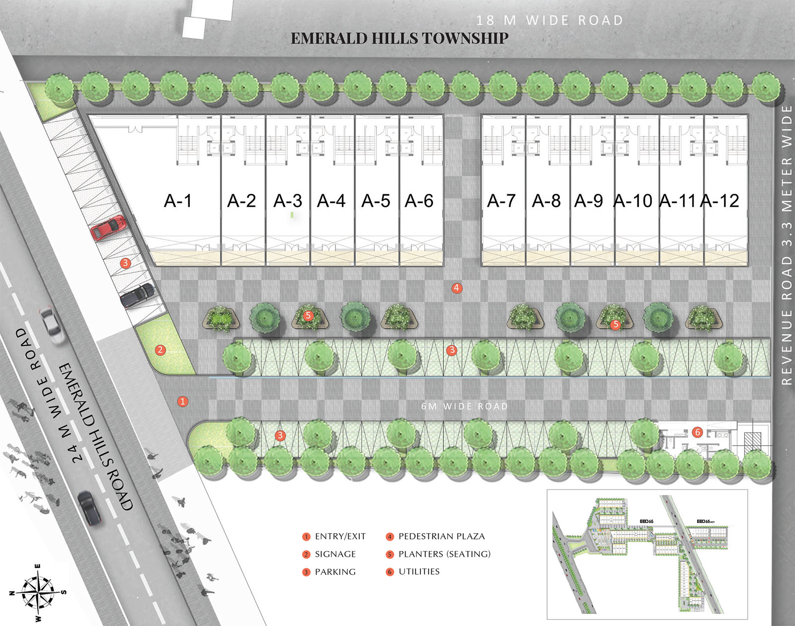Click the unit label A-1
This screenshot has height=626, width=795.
(x=177, y=201)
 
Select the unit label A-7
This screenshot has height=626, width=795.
(x=501, y=201)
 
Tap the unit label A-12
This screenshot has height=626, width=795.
(x=719, y=201)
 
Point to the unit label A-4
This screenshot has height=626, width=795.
(x=331, y=201)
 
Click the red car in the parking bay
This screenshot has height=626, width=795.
(x=108, y=227)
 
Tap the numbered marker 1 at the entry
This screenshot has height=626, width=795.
(x=183, y=401)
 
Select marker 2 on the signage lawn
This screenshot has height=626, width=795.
(x=160, y=350)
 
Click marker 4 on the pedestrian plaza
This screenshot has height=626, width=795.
(x=457, y=288)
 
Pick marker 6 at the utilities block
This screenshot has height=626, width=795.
(x=698, y=432)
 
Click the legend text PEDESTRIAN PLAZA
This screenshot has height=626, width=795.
(x=441, y=537)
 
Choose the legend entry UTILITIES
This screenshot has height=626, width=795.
(x=419, y=572)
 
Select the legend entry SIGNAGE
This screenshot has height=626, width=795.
(x=335, y=554)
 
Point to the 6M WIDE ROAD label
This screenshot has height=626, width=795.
(x=465, y=406)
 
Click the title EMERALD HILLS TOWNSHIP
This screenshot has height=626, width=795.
(x=399, y=38)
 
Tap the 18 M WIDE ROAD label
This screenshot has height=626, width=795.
(x=550, y=20)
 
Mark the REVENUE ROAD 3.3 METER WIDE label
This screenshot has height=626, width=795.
(x=786, y=245)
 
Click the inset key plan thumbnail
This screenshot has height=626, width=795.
(x=647, y=554)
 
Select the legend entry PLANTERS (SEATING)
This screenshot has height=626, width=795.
(x=444, y=554)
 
